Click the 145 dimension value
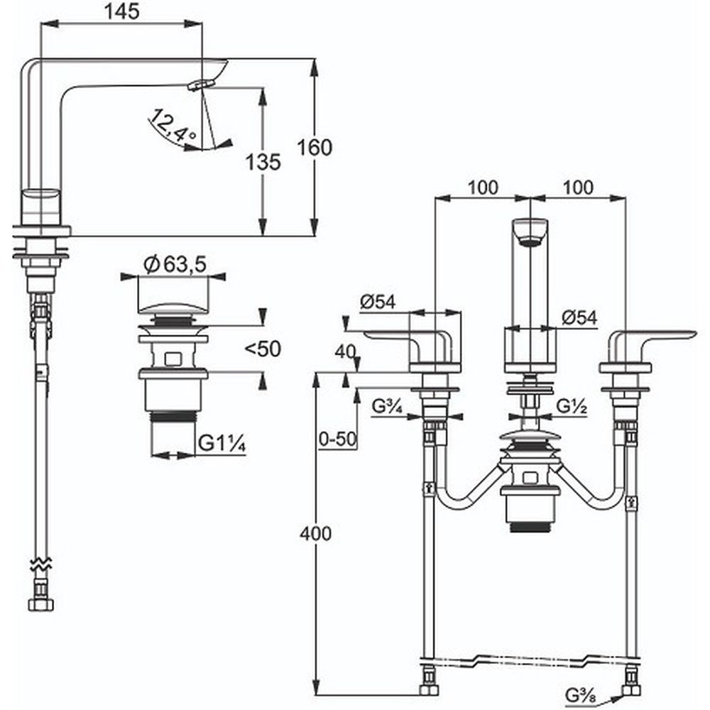coord(121,11)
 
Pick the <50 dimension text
coord(263,348)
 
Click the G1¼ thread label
coord(222,444)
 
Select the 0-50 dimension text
coord(336,439)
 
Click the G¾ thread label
coord(388,408)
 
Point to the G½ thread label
coord(570,408)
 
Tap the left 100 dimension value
coord(483,187)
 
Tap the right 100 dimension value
coord(578,187)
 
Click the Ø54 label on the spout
coord(579,318)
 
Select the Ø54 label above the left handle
coord(376,302)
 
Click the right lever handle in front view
coord(653,337)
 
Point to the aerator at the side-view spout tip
coord(200,84)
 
